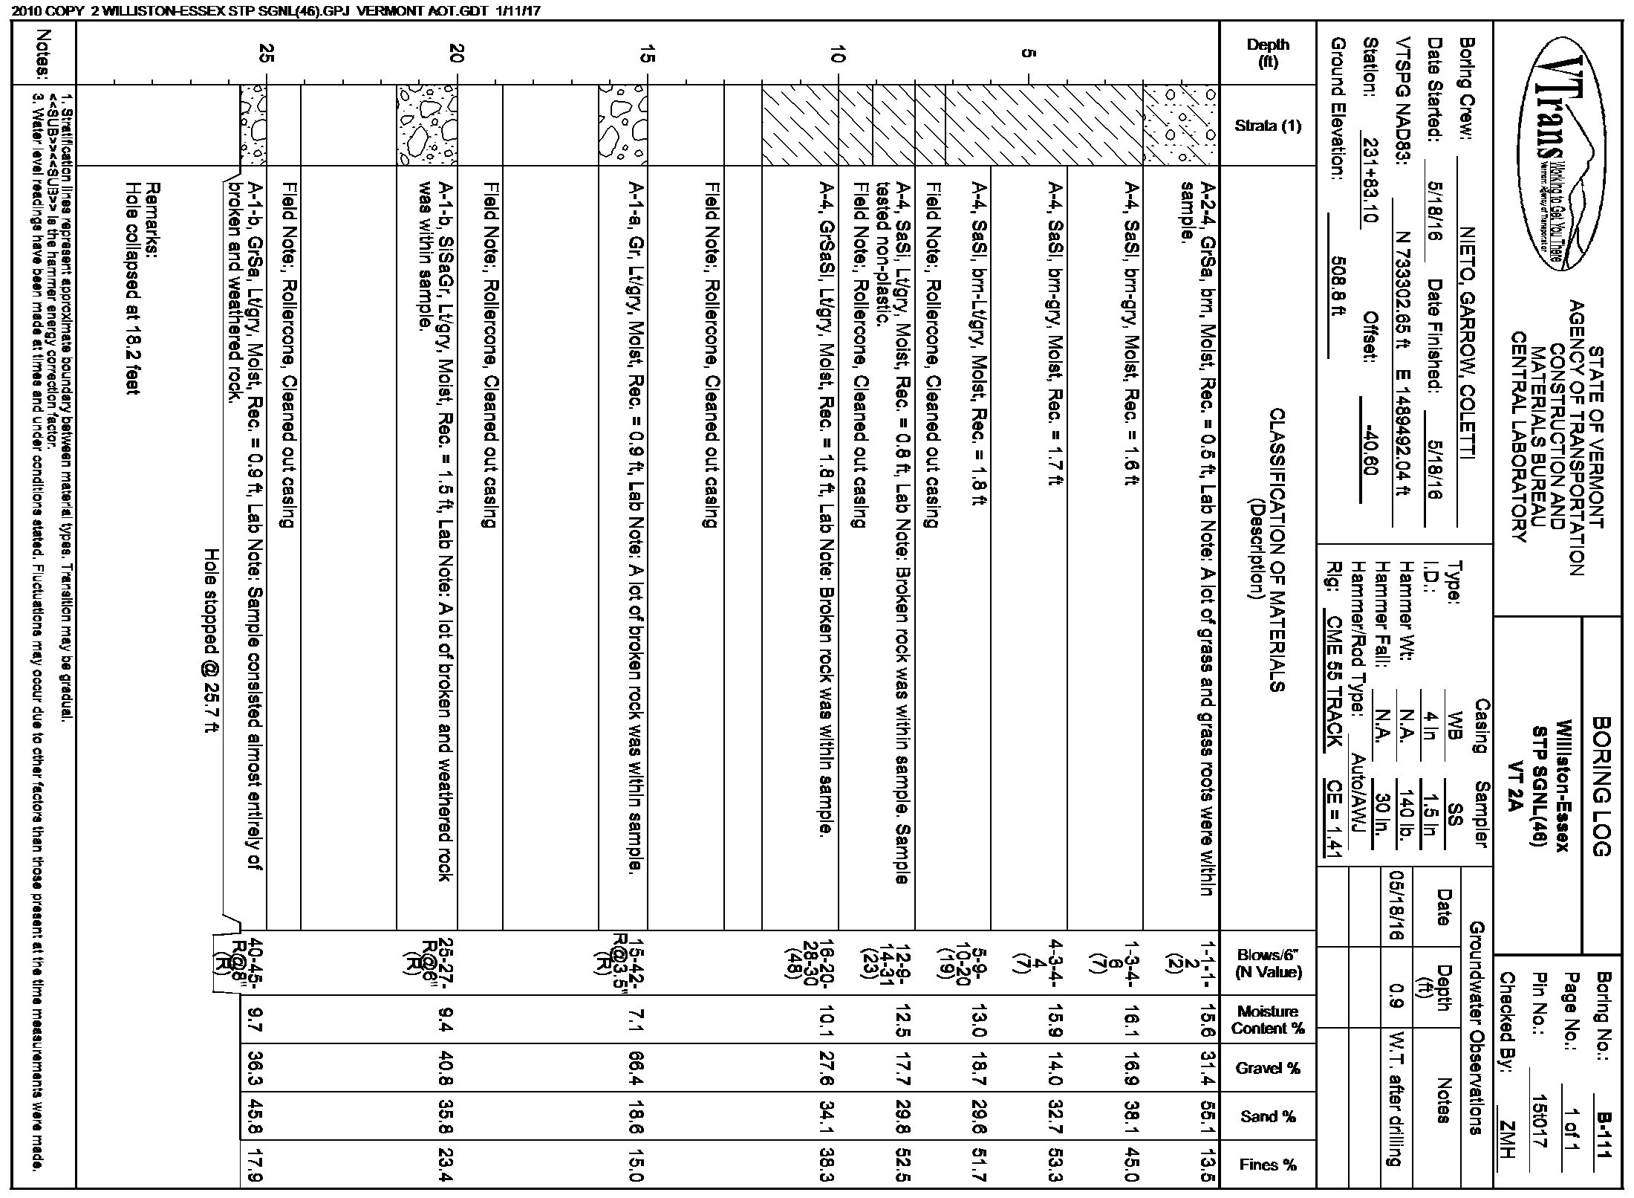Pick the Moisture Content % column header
(1268, 1020)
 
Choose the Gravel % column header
(1268, 1068)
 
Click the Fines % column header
(1268, 1165)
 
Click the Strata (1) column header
(1268, 126)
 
